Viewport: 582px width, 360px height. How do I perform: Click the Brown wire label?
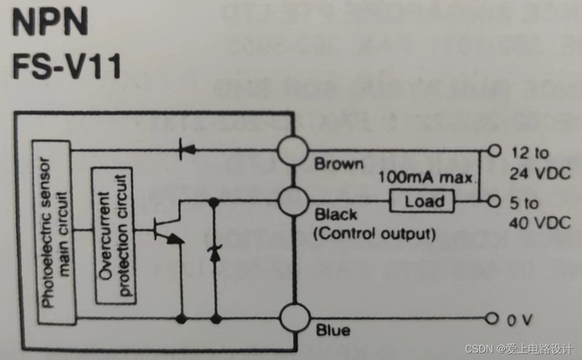[339, 164]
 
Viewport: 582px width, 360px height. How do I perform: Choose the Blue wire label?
[332, 330]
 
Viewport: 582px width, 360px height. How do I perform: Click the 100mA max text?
[424, 176]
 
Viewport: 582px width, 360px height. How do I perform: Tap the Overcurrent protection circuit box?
[112, 234]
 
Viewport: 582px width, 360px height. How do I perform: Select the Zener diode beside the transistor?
[214, 253]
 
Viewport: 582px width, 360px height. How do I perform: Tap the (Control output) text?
[373, 235]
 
